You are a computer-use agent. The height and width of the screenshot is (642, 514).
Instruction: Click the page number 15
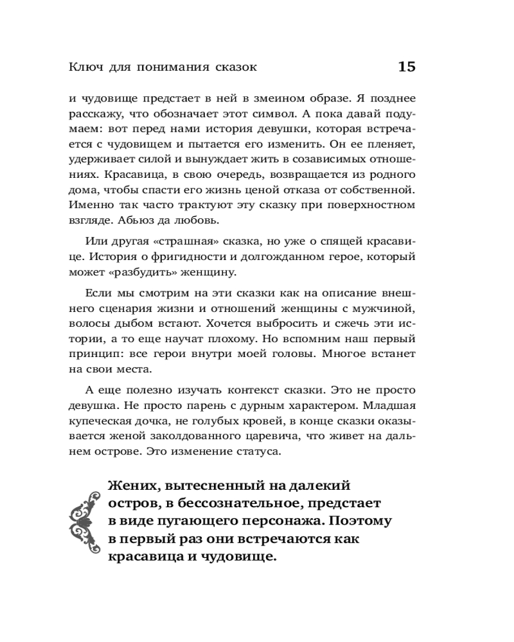coord(407,66)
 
